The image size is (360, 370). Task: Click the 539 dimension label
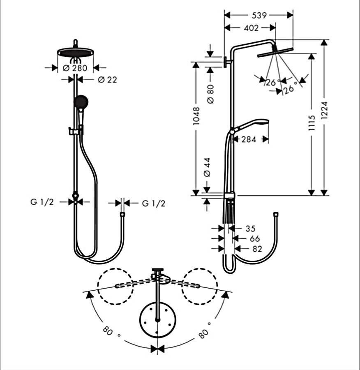click(x=259, y=15)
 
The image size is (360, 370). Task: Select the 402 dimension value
click(x=251, y=28)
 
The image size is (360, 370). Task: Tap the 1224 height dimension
click(x=325, y=117)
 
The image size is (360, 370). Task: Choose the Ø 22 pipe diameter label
click(x=107, y=80)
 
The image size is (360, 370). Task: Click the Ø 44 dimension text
click(x=208, y=168)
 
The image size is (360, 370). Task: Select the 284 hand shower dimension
click(x=249, y=139)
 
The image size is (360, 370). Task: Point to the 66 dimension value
click(x=254, y=238)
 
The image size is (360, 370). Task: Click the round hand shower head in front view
click(x=81, y=102)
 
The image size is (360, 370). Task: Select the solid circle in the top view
click(x=158, y=319)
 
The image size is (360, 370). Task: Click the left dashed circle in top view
click(x=115, y=287)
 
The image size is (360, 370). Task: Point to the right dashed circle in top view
click(x=200, y=287)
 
